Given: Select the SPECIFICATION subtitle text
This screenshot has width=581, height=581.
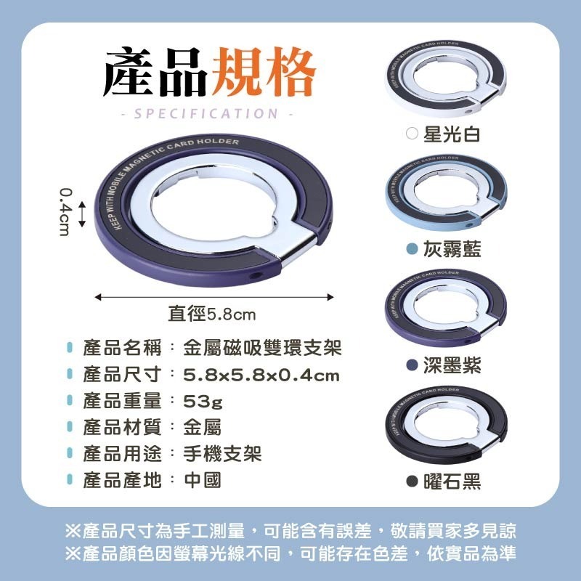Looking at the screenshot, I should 207,113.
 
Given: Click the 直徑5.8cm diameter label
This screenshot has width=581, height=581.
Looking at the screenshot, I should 212,314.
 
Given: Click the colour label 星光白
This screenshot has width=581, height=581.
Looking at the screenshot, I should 451,135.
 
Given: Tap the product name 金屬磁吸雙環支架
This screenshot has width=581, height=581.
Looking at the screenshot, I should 261,348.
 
